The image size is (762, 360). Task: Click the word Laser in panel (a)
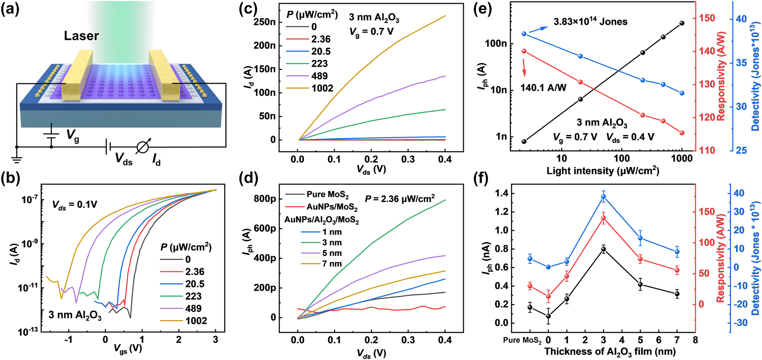tap(81, 36)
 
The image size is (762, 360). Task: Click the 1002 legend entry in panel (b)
tap(196, 321)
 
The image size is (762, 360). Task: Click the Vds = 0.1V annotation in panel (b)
tap(75, 205)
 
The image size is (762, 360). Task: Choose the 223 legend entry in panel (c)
tap(319, 64)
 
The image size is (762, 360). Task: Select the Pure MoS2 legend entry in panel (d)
tap(327, 194)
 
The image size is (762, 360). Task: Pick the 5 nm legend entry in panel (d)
tap(332, 253)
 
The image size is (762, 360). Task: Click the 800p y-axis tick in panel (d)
tap(265, 198)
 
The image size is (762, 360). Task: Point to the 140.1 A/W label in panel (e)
tap(543, 88)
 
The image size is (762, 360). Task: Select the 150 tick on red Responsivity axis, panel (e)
tap(707, 18)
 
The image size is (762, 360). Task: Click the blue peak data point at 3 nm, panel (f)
tap(604, 197)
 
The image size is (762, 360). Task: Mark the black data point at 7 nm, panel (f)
tap(677, 294)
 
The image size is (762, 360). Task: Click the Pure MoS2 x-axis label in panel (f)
tap(522, 340)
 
